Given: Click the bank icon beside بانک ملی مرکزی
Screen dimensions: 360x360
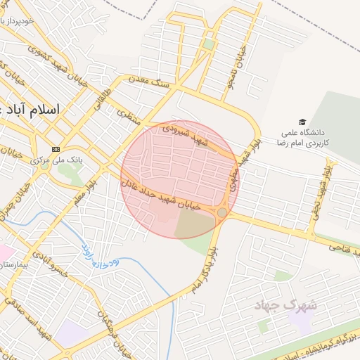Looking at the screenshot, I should click(56, 148).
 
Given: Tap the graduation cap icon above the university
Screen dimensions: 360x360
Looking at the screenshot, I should click(302, 122).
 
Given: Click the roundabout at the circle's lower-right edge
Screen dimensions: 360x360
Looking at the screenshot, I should click(222, 212).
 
